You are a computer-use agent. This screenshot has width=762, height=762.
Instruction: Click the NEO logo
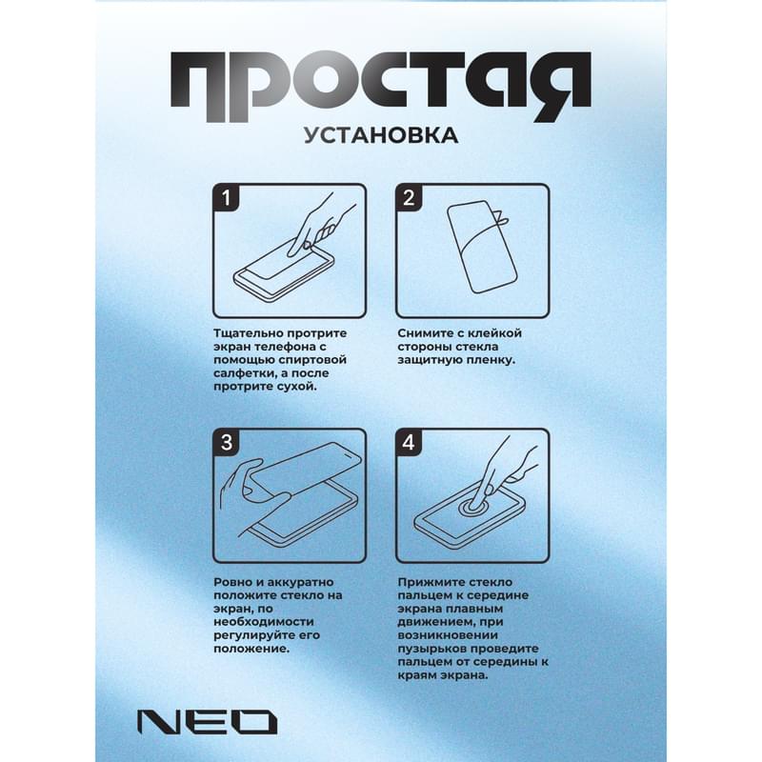pyautogui.click(x=206, y=721)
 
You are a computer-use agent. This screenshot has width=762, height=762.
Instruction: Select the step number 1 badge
pyautogui.click(x=227, y=199)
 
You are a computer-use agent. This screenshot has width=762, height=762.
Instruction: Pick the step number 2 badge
pyautogui.click(x=411, y=199)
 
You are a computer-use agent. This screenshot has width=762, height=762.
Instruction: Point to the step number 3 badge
pyautogui.click(x=227, y=442)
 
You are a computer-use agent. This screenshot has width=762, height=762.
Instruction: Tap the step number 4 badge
pyautogui.click(x=411, y=442)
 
